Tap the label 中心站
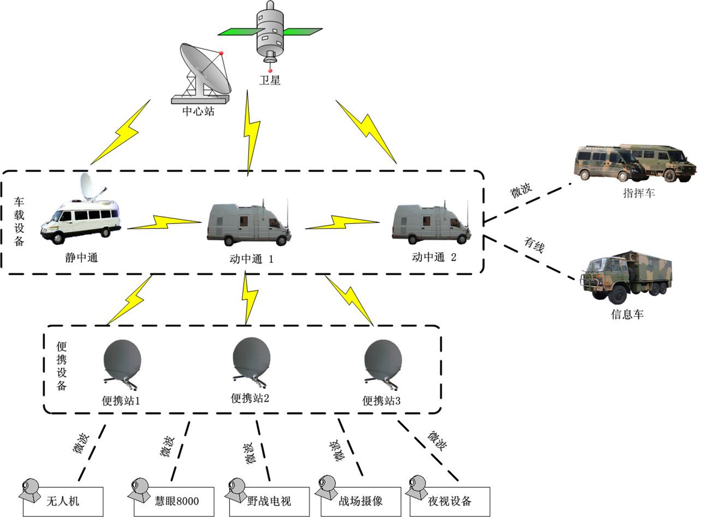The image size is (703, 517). click(x=198, y=111)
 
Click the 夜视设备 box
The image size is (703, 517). click(x=449, y=500)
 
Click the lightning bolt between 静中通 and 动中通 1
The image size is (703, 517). click(x=163, y=221)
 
